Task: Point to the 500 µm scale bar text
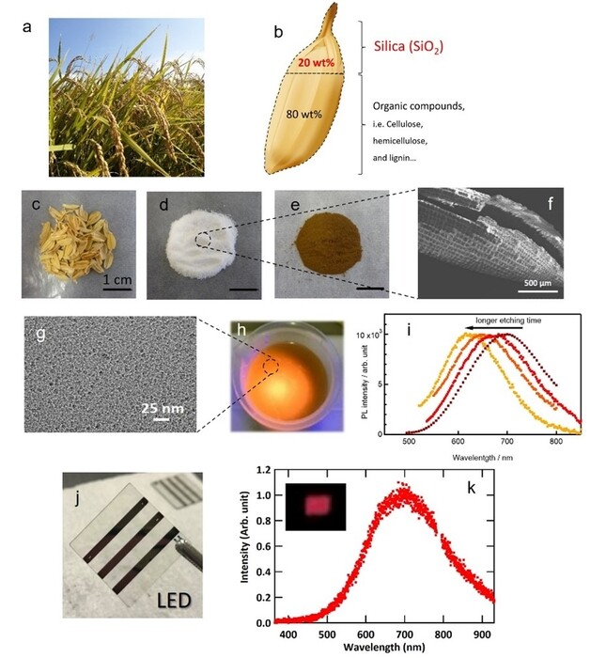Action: (x=542, y=281)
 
